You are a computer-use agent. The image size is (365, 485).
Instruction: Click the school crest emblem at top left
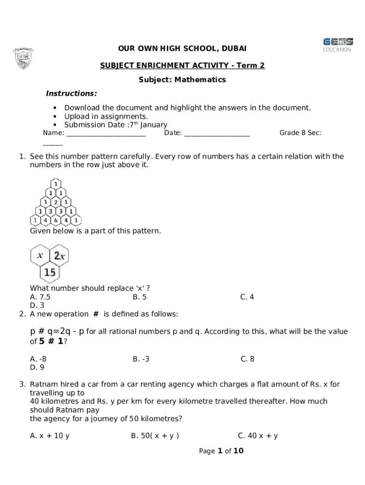point(23,58)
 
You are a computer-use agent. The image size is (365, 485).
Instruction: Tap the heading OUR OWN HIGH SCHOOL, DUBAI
point(182,49)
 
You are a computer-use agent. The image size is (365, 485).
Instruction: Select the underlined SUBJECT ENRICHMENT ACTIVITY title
point(182,65)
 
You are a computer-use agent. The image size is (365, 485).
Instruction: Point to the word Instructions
point(71,93)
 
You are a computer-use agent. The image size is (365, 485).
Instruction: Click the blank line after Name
point(106,133)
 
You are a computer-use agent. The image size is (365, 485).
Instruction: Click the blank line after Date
point(217,133)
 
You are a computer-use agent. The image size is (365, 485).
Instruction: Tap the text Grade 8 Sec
point(300,133)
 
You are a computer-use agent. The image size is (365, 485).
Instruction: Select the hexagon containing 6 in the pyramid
point(56,220)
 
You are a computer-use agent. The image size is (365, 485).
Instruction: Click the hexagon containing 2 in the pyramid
point(56,202)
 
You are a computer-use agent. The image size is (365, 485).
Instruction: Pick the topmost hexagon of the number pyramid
point(56,184)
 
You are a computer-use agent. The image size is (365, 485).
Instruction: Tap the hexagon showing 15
point(50,272)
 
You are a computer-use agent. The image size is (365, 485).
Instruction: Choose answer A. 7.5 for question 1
point(40,297)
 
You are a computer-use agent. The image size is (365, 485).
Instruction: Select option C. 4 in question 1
point(247,297)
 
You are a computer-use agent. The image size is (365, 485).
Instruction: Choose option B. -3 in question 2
point(141,359)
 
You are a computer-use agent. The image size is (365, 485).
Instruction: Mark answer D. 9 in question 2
point(37,367)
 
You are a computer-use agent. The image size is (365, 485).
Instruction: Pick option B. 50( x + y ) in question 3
point(155,436)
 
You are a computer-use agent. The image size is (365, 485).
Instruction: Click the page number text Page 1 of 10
point(221,451)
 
